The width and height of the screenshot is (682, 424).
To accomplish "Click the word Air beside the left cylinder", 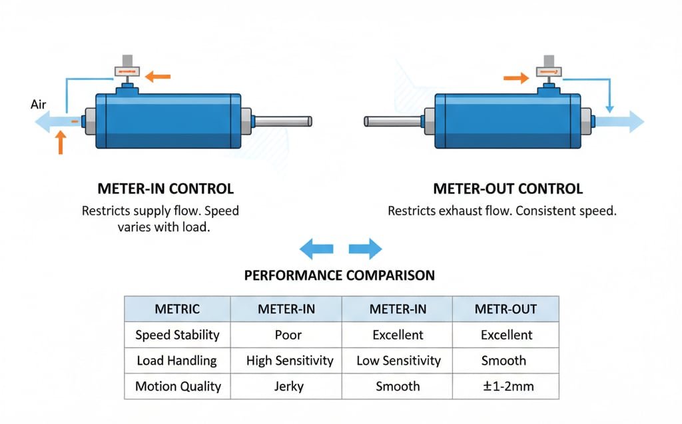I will pyautogui.click(x=38, y=104).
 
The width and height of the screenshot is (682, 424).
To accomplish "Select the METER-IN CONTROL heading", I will pyautogui.click(x=165, y=189).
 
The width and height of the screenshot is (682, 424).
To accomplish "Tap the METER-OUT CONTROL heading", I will pyautogui.click(x=508, y=189).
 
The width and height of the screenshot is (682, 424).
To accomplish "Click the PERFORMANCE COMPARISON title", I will pyautogui.click(x=339, y=275).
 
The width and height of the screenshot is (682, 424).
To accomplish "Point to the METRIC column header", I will pyautogui.click(x=177, y=309).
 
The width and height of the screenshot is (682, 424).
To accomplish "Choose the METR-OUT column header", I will pyautogui.click(x=506, y=309).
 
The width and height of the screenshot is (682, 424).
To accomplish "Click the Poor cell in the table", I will pyautogui.click(x=288, y=335).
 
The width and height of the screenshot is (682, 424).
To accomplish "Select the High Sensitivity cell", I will pyautogui.click(x=289, y=361).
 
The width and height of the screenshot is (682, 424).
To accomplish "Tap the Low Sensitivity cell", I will pyautogui.click(x=398, y=361).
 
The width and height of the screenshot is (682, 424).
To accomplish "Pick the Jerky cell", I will pyautogui.click(x=288, y=386).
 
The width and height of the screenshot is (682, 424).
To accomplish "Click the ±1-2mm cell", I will pyautogui.click(x=506, y=386).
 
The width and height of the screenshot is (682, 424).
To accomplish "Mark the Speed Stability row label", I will pyautogui.click(x=177, y=335).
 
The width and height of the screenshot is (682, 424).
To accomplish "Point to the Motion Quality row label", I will pyautogui.click(x=177, y=386).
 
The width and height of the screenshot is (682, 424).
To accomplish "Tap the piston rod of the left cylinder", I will pyautogui.click(x=282, y=121).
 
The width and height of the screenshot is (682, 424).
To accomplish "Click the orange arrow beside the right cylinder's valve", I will pyautogui.click(x=515, y=79).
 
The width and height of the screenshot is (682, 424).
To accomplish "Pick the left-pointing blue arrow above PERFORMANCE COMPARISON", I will pyautogui.click(x=316, y=249).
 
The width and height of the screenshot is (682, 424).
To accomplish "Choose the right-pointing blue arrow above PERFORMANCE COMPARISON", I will pyautogui.click(x=366, y=249).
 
